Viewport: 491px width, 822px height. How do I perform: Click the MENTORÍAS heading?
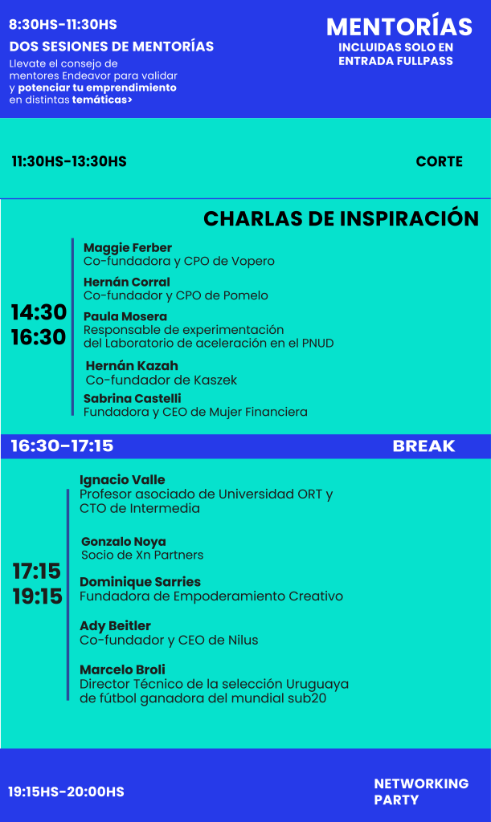(399, 26)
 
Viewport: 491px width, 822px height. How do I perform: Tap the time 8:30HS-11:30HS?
(63, 25)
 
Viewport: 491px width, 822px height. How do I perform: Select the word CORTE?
(439, 161)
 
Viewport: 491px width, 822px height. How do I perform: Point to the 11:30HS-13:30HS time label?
(69, 161)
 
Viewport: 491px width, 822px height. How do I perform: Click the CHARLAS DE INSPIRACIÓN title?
(341, 218)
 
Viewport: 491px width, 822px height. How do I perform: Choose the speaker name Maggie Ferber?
(128, 248)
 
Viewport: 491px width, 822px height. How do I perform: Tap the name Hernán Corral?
(126, 282)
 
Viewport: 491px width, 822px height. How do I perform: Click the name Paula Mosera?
(125, 316)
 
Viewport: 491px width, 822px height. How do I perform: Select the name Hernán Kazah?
(132, 365)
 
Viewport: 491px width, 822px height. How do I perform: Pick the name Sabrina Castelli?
(132, 398)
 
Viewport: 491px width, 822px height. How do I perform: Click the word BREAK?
(423, 446)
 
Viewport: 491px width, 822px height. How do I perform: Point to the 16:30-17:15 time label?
(62, 446)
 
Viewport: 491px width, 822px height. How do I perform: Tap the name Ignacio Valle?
(122, 480)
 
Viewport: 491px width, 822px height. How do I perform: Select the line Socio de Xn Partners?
(142, 555)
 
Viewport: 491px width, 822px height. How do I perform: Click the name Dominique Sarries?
(140, 582)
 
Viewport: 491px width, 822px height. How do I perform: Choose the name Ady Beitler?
(115, 626)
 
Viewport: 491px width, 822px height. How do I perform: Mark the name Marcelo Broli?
(122, 669)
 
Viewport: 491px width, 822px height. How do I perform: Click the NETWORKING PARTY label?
(421, 791)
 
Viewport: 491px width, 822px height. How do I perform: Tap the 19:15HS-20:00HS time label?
(66, 791)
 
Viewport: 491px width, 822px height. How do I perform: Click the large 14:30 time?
(39, 312)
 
